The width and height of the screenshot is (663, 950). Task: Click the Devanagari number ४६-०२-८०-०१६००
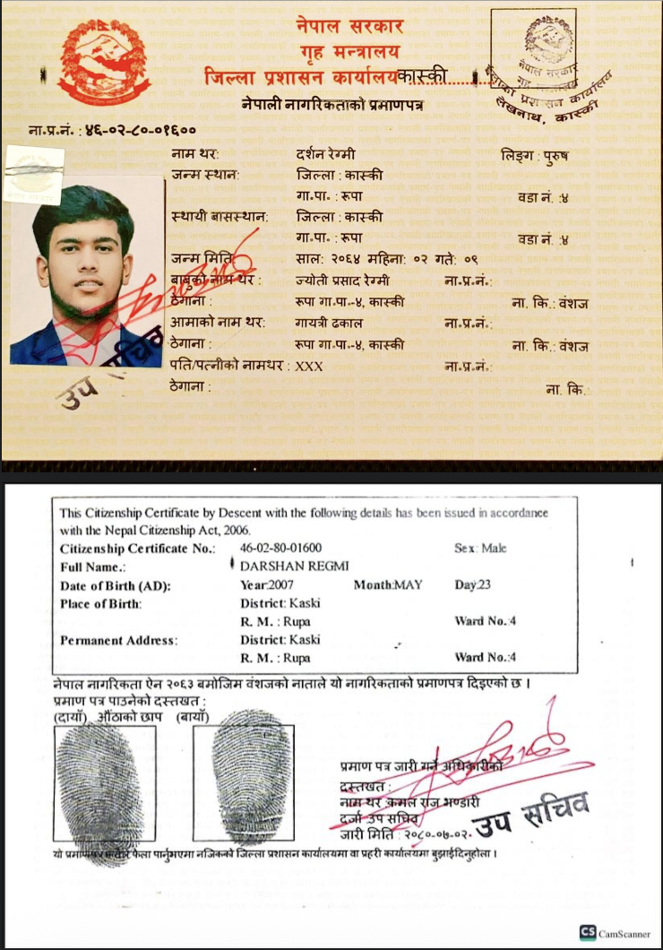[x=140, y=131]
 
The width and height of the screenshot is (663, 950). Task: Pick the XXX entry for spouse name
[x=308, y=366]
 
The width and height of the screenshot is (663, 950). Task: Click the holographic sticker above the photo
[x=34, y=170]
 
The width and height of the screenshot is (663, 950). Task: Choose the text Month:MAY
[x=387, y=585]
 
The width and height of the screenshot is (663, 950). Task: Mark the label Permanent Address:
[x=118, y=640]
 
